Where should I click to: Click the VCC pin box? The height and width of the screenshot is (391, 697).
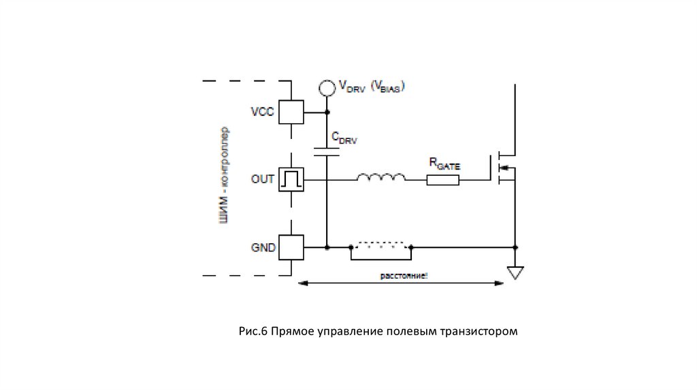pyautogui.click(x=291, y=112)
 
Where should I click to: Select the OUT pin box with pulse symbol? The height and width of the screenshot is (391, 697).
pyautogui.click(x=291, y=180)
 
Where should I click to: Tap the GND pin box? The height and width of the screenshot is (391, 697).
pyautogui.click(x=291, y=247)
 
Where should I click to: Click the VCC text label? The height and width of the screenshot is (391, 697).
pyautogui.click(x=263, y=112)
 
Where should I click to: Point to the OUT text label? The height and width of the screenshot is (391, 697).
pyautogui.click(x=263, y=180)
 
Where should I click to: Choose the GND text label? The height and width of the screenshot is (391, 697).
pyautogui.click(x=263, y=248)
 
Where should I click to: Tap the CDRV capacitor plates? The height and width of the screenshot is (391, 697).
pyautogui.click(x=327, y=151)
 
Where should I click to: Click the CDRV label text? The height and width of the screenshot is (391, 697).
pyautogui.click(x=344, y=138)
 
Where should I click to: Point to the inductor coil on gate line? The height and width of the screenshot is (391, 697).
pyautogui.click(x=381, y=178)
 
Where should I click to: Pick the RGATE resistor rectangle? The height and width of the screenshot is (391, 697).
pyautogui.click(x=443, y=181)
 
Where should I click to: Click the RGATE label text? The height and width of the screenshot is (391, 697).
pyautogui.click(x=444, y=163)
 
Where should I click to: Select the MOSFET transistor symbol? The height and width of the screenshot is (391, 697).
pyautogui.click(x=504, y=168)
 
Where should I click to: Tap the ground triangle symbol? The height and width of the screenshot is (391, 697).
pyautogui.click(x=515, y=273)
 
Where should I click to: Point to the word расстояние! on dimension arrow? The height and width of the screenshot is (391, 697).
pyautogui.click(x=404, y=276)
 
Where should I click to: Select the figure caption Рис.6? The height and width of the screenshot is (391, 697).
pyautogui.click(x=253, y=332)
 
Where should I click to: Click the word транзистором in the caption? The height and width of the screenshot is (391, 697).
pyautogui.click(x=480, y=332)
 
